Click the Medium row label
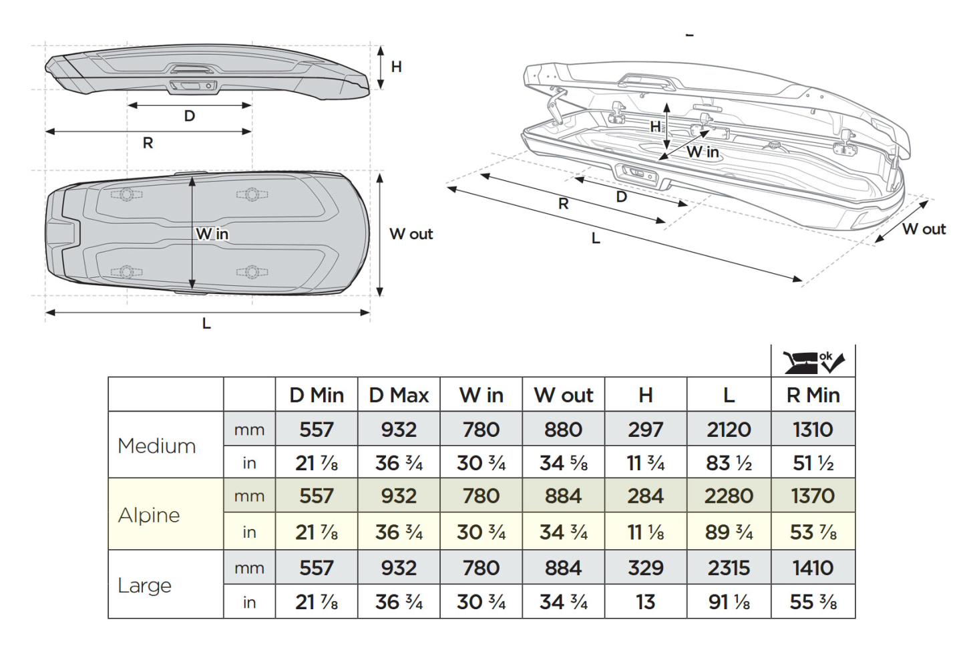pyautogui.click(x=156, y=446)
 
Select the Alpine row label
pyautogui.click(x=149, y=515)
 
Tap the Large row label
pyautogui.click(x=144, y=585)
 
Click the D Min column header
pyautogui.click(x=317, y=395)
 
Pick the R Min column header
pyautogui.click(x=813, y=395)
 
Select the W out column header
pyautogui.click(x=563, y=395)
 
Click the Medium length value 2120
pyautogui.click(x=729, y=430)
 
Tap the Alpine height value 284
pyautogui.click(x=645, y=496)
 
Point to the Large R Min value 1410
pyautogui.click(x=813, y=568)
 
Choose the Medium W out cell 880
pyautogui.click(x=563, y=430)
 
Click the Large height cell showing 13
pyautogui.click(x=645, y=602)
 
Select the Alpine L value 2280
pyautogui.click(x=729, y=496)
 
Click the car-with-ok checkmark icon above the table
pyautogui.click(x=813, y=361)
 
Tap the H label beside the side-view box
pyautogui.click(x=396, y=67)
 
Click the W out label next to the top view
pyautogui.click(x=411, y=234)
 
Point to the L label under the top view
pyautogui.click(x=206, y=323)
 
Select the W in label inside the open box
pyautogui.click(x=703, y=152)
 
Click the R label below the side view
pyautogui.click(x=148, y=142)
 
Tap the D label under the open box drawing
pyautogui.click(x=622, y=196)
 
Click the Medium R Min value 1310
pyautogui.click(x=813, y=430)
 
